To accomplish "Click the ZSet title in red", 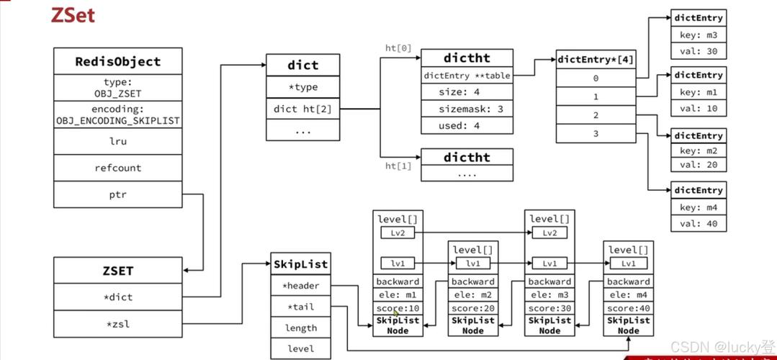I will [73, 15].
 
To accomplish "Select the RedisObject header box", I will [118, 61].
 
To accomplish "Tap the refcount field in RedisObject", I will [118, 168].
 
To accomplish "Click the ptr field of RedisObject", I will [118, 194].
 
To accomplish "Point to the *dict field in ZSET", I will [118, 297].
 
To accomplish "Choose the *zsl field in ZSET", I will [118, 324].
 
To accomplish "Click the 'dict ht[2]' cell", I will [302, 109].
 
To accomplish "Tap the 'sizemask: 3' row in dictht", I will [467, 109].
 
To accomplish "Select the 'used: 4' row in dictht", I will [467, 125].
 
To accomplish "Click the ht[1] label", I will [398, 166].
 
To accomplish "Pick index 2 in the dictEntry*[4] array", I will [596, 115].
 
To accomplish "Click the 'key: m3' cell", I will [698, 35].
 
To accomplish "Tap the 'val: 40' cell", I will [698, 224].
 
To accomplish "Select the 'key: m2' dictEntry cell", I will [698, 151].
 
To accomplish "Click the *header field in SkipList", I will [300, 286].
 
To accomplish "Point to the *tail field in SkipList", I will [300, 307].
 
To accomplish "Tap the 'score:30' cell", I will [549, 308].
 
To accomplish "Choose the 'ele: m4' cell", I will [628, 295].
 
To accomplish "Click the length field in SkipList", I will [300, 328].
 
